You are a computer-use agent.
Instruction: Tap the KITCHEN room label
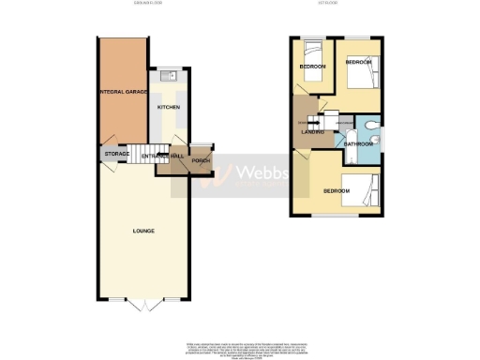(x=169, y=108)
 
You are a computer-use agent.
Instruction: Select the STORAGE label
(x=116, y=153)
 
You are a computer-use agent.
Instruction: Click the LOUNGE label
(x=143, y=231)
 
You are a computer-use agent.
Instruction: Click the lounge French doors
(x=145, y=306)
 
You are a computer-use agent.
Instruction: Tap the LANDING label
(x=313, y=133)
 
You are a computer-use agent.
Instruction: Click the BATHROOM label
(x=358, y=144)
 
